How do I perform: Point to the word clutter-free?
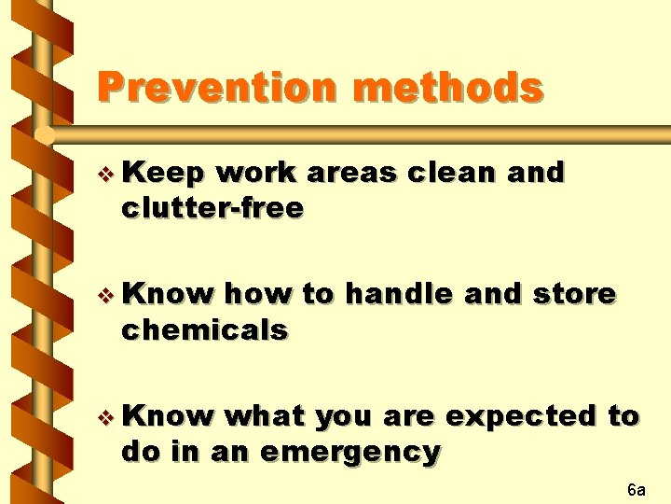click(x=211, y=207)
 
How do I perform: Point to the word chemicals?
click(x=203, y=329)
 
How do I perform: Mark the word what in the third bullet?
click(x=267, y=416)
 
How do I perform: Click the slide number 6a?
click(x=637, y=490)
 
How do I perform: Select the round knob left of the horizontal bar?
click(x=44, y=136)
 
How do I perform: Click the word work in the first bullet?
click(x=254, y=174)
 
